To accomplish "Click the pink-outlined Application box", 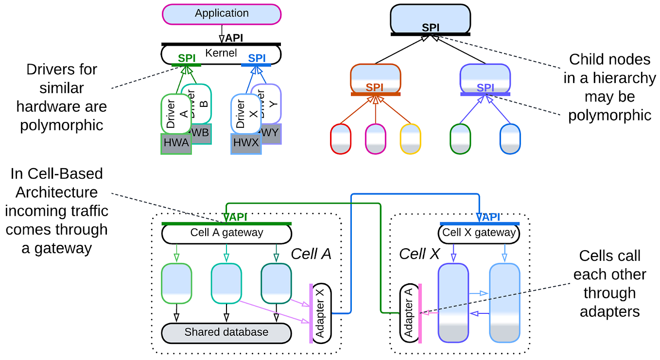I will [222, 14].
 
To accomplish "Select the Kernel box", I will [221, 54].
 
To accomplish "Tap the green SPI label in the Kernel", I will [187, 58].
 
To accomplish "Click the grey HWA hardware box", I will [175, 144].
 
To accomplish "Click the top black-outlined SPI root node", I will [430, 19].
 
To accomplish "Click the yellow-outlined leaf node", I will [410, 139].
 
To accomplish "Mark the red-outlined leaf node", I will [340, 139].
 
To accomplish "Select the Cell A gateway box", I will [226, 233].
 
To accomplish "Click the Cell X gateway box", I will [479, 233].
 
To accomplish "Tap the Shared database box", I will [226, 333].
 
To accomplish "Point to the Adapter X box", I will [321, 313].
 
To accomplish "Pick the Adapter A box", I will [409, 313].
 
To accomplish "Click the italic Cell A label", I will [311, 254].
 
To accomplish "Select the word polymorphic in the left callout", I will [62, 125].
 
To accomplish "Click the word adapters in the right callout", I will [609, 311].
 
